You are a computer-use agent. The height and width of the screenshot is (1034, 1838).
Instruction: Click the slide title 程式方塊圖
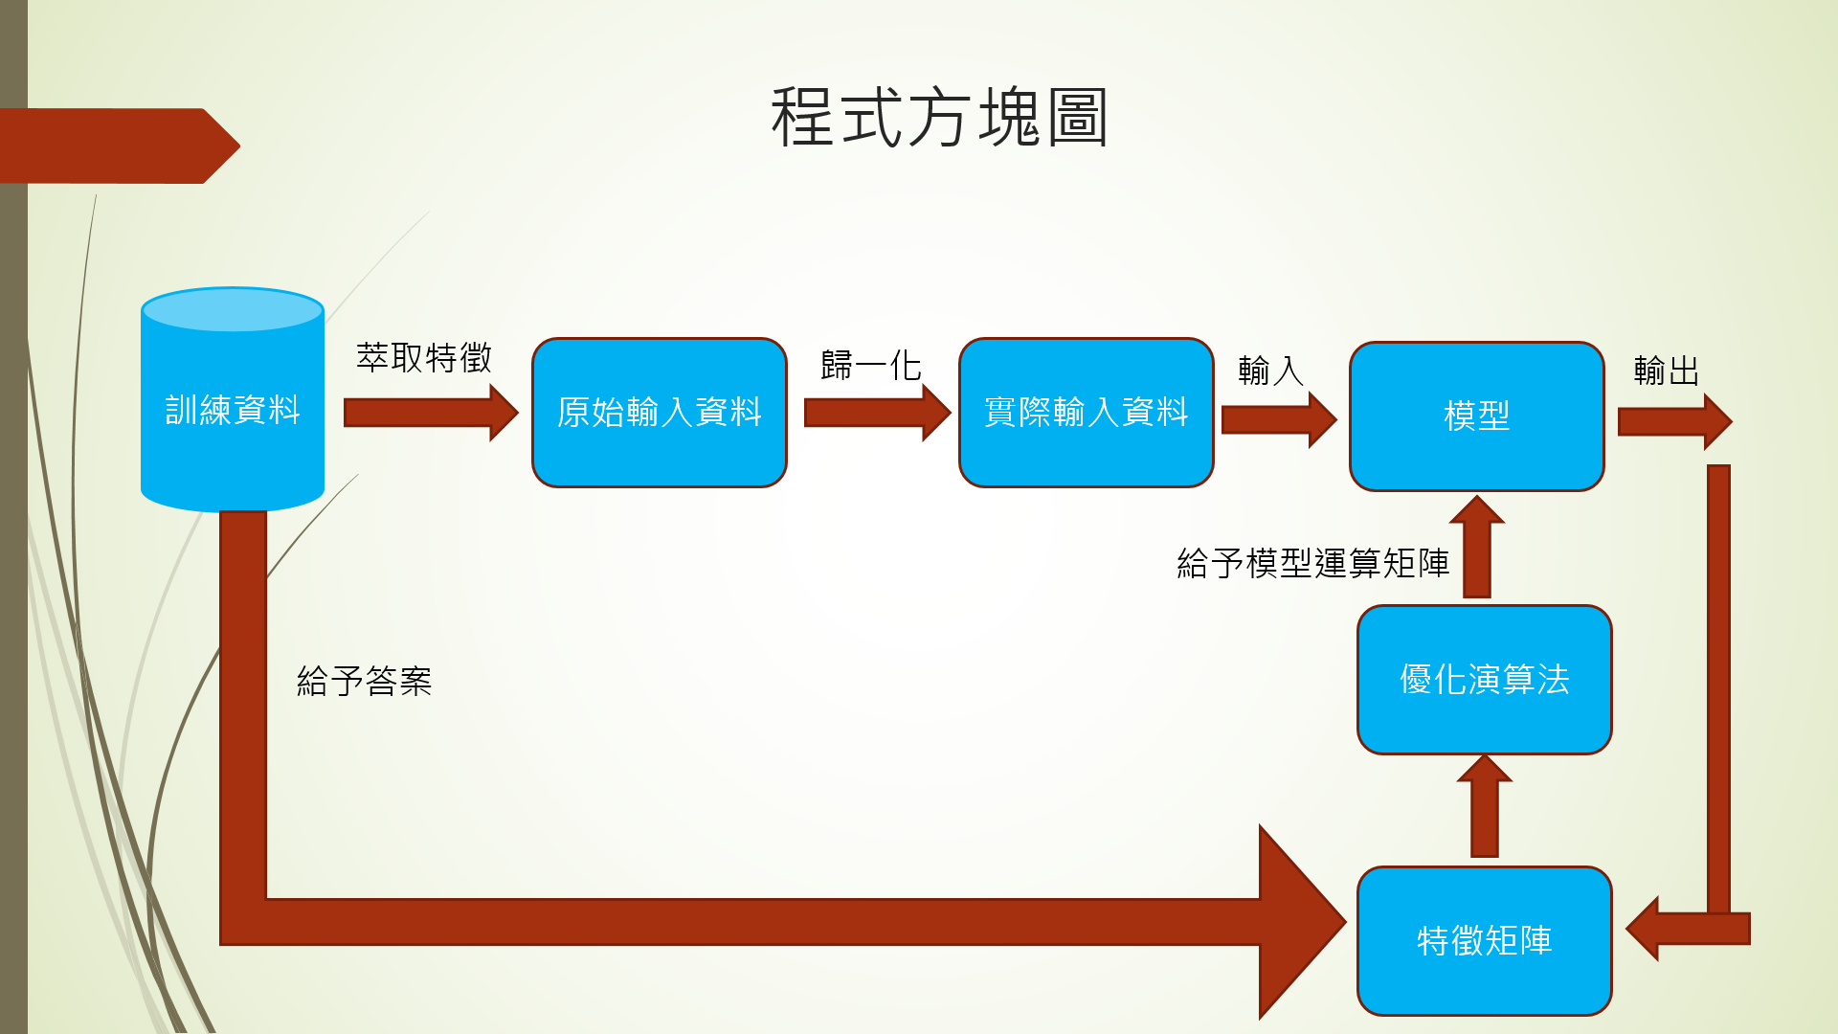[x=939, y=117]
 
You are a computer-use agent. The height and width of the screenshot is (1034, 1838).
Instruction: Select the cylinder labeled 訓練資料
[x=233, y=410]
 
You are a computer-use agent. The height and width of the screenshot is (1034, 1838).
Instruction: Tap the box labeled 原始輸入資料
[x=659, y=413]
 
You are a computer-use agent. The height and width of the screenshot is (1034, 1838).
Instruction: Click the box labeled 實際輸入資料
[x=1086, y=413]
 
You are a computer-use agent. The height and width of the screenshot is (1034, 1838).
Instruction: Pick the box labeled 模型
[x=1476, y=416]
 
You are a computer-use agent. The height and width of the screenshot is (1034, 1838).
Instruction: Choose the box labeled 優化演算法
[x=1484, y=680]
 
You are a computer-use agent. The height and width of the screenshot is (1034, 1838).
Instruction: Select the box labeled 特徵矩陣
[x=1484, y=940]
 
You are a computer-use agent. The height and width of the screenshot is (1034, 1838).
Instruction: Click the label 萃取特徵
[x=424, y=358]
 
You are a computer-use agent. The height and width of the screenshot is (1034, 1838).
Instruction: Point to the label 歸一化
[x=870, y=365]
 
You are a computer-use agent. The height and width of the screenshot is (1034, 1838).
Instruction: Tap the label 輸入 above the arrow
[x=1270, y=371]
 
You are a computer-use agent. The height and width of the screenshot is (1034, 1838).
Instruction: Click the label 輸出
[x=1666, y=371]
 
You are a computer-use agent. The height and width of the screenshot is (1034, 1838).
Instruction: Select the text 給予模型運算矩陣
[x=1312, y=563]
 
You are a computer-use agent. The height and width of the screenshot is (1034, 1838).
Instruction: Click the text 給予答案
[x=364, y=682]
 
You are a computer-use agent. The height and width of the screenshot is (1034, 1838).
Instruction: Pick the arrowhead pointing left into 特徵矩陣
[x=1648, y=928]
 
